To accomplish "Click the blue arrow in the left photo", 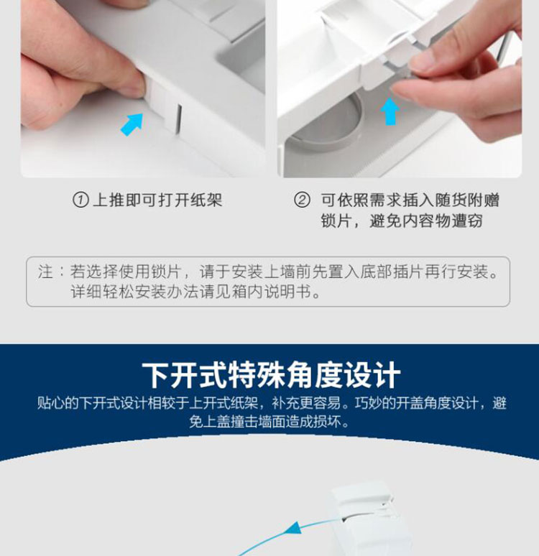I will [132, 124].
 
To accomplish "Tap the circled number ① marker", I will [81, 200].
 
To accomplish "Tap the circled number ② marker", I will [303, 200].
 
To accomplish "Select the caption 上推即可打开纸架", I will [158, 200].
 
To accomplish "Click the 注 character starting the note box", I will [45, 272].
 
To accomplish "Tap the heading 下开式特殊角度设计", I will [270, 376].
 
